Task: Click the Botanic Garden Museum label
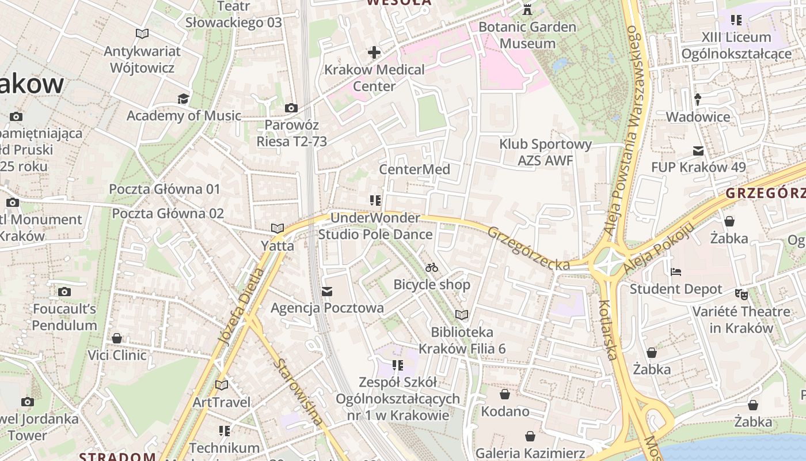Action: (527, 35)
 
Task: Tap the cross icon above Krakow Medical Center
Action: (374, 53)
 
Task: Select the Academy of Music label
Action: (184, 115)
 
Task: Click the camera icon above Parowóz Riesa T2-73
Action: (291, 108)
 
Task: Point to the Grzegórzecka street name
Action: (529, 248)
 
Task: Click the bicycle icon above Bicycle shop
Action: (432, 267)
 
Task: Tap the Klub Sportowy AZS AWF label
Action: (545, 152)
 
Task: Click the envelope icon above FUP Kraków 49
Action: (698, 151)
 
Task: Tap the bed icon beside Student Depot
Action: (676, 271)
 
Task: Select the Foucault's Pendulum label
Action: (64, 317)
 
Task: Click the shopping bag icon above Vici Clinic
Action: (117, 338)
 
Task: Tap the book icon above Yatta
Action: (277, 229)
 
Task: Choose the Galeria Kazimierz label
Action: (530, 453)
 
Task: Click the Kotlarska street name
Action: (608, 330)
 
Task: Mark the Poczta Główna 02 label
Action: (168, 213)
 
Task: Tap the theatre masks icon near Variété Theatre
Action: (742, 294)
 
